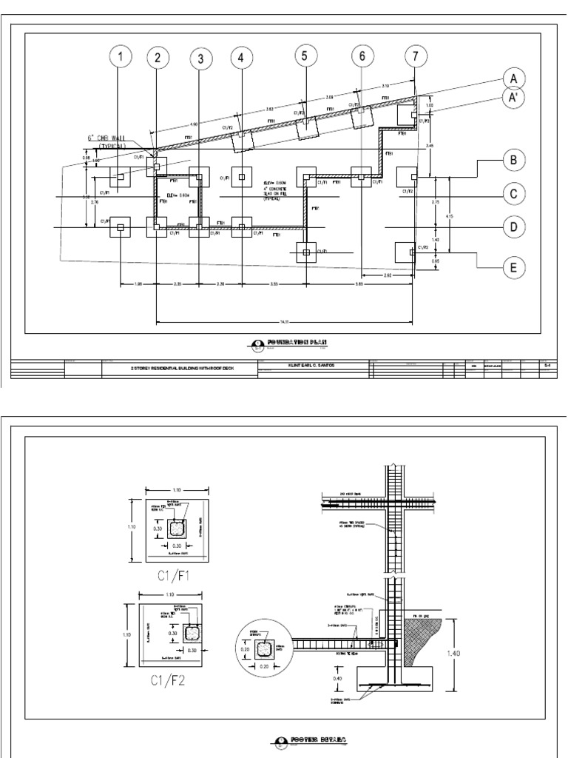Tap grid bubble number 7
pyautogui.click(x=416, y=56)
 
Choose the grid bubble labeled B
pyautogui.click(x=512, y=159)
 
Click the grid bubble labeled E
pyautogui.click(x=512, y=267)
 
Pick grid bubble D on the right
pyautogui.click(x=512, y=227)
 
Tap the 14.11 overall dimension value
pyautogui.click(x=285, y=321)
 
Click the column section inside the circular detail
pyautogui.click(x=263, y=649)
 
